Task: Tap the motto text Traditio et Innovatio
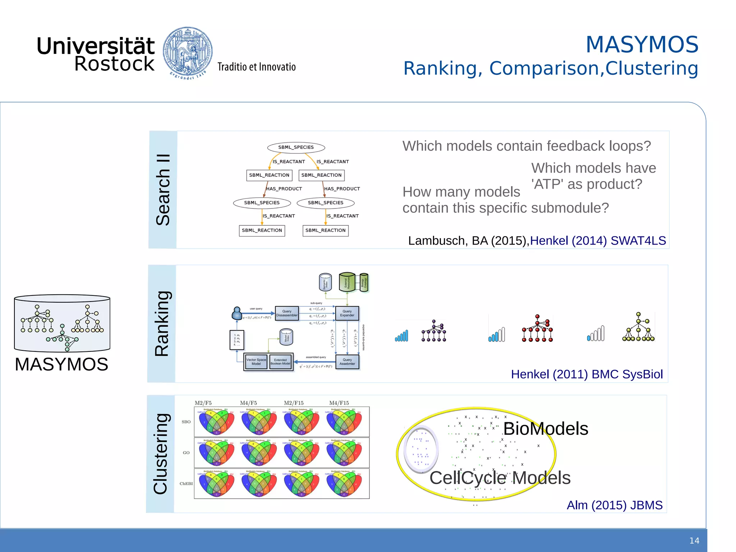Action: [x=256, y=67]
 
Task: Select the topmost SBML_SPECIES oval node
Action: [x=296, y=147]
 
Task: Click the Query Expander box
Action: [x=347, y=313]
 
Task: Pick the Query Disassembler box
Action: [x=286, y=313]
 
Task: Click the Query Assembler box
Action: [x=347, y=362]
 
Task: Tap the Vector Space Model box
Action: [x=256, y=362]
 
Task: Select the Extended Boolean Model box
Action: [x=280, y=362]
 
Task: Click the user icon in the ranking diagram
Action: [x=236, y=313]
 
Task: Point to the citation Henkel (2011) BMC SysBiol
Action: [x=586, y=374]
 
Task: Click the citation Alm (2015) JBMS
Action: [x=614, y=505]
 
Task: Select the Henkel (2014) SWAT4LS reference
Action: [x=598, y=241]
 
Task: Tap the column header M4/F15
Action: [x=339, y=403]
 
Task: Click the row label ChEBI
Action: [x=186, y=484]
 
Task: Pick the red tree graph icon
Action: [x=537, y=328]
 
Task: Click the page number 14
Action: [x=694, y=540]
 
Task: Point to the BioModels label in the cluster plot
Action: [x=546, y=429]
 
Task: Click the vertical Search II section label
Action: [x=163, y=190]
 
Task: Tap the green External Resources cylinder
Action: [x=347, y=282]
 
